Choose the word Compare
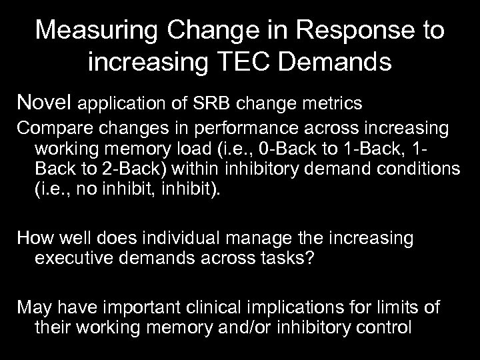coord(51,127)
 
